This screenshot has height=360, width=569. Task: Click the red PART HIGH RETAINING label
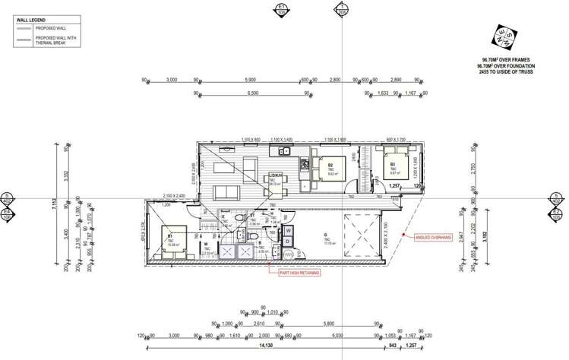(299, 272)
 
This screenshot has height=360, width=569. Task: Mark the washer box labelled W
(289, 229)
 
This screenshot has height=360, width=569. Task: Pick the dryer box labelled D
(289, 242)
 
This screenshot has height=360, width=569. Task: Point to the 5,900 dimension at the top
(249, 79)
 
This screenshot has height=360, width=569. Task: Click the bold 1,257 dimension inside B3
(394, 185)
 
